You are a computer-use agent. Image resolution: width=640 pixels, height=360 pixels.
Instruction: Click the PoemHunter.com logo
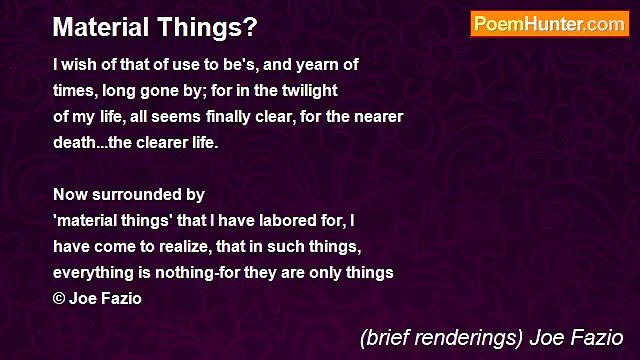click(x=549, y=24)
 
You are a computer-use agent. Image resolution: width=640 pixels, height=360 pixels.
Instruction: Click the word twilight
click(x=308, y=90)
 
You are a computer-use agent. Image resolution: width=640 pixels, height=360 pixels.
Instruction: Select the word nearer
click(x=375, y=116)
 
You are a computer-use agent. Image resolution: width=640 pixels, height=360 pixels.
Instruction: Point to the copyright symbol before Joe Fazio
click(x=59, y=299)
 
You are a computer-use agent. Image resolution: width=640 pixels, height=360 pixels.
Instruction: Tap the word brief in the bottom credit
click(x=388, y=337)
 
